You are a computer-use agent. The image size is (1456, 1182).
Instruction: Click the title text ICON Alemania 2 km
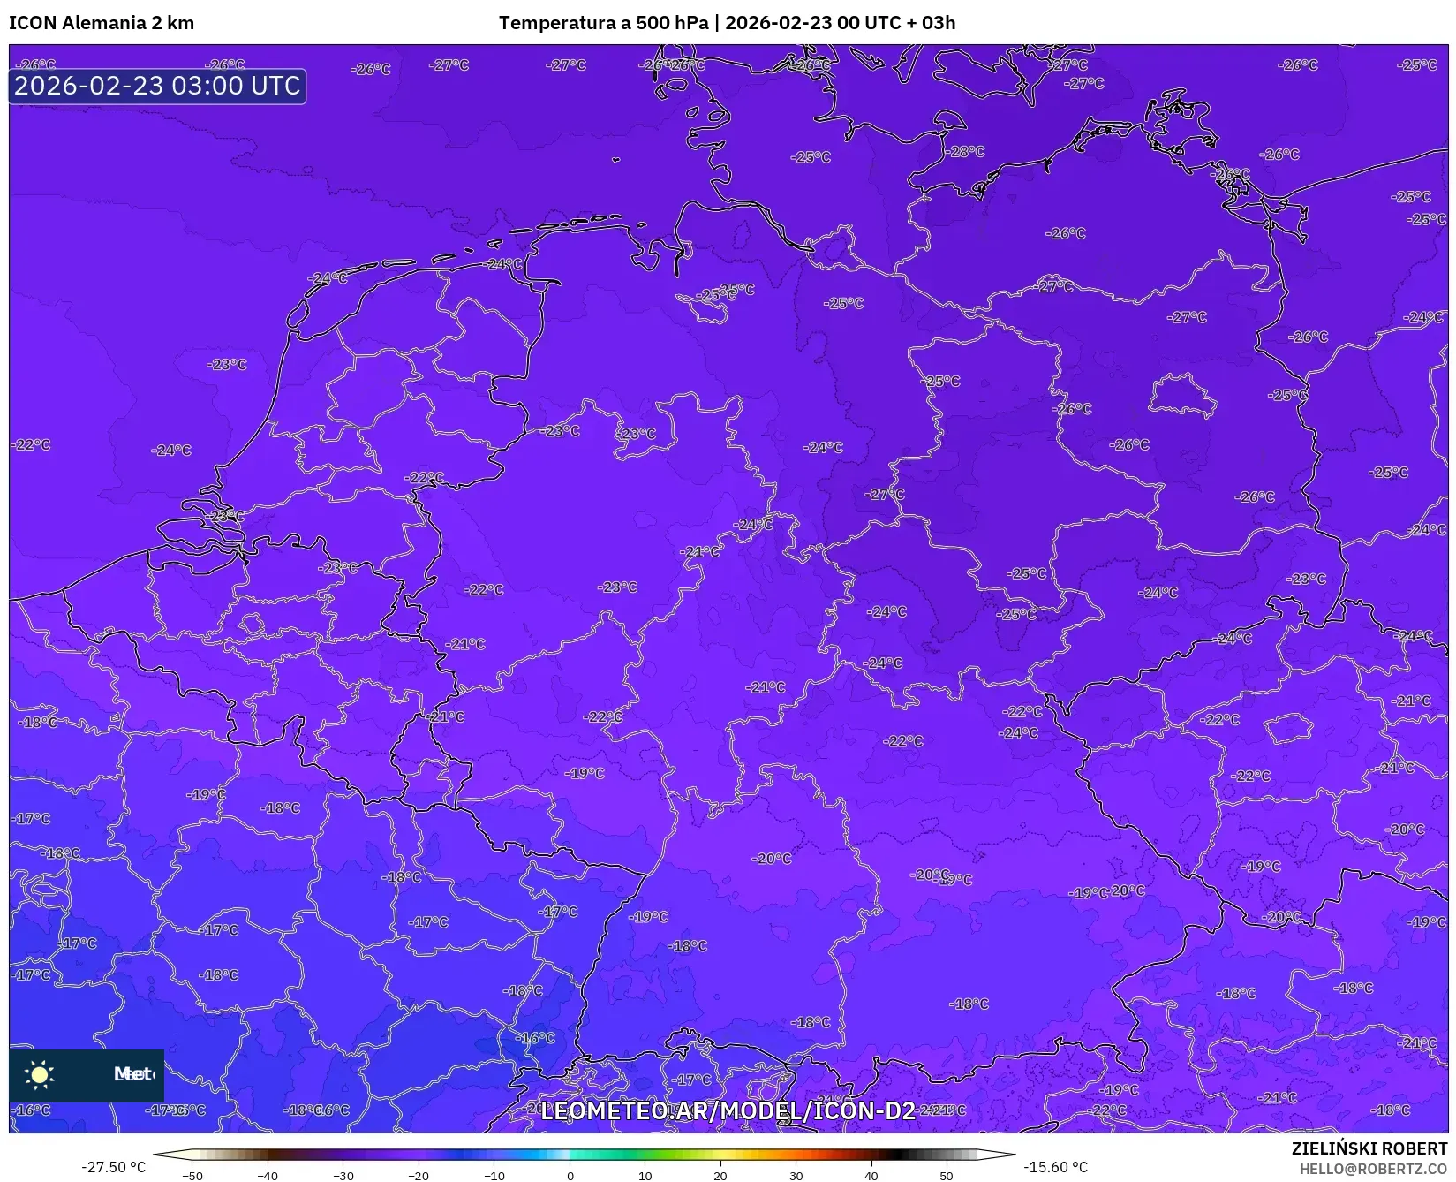coord(102,23)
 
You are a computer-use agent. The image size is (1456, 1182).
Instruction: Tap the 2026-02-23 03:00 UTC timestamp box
coord(157,87)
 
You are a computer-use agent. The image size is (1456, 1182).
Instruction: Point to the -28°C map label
coord(967,152)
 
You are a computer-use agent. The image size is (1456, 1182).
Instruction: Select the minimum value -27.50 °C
coord(113,1167)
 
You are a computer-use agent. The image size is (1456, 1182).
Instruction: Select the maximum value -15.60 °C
coord(1055,1167)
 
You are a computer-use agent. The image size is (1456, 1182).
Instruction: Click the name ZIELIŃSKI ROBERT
coord(1369,1148)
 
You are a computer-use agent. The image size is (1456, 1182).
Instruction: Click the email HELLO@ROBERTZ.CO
coord(1373,1169)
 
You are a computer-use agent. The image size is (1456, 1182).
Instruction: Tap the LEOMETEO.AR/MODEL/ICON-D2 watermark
coord(728,1110)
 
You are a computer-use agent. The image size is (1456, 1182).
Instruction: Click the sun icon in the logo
coord(40,1074)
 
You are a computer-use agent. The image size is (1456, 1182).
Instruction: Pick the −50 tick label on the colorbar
coord(192,1176)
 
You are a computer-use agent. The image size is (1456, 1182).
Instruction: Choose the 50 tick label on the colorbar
coord(947,1176)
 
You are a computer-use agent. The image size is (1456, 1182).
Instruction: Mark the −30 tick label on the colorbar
coord(343,1176)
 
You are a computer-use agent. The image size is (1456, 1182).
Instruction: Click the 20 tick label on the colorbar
coord(720,1176)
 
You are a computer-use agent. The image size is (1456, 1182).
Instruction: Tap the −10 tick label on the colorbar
coord(494,1176)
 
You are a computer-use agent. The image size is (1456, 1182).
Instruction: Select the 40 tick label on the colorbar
coord(871,1176)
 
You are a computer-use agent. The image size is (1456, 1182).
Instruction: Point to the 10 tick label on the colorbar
coord(645,1176)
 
